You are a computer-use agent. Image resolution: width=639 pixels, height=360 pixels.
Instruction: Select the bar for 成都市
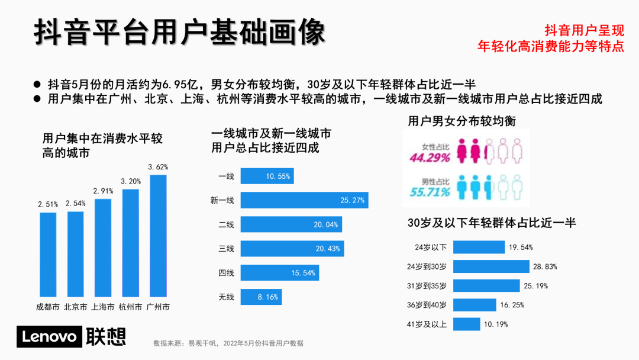click(48, 255)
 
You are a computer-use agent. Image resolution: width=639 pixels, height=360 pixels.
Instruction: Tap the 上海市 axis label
click(102, 307)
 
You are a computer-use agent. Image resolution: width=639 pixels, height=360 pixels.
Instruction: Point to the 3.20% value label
click(131, 181)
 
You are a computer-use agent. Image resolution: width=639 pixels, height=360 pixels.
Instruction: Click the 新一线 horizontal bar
click(304, 200)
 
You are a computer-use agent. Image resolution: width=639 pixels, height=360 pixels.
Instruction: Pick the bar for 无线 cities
click(260, 297)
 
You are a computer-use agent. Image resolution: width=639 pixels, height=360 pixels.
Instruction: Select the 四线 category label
click(226, 273)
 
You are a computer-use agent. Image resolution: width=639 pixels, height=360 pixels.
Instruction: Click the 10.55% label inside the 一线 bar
click(278, 176)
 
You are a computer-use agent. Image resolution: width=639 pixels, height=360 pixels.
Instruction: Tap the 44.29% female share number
click(430, 158)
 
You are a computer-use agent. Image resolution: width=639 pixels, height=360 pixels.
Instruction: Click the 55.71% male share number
click(430, 192)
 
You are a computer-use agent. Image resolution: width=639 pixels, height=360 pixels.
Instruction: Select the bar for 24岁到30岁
click(492, 266)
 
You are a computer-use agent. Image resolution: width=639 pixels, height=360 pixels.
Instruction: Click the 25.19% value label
click(535, 286)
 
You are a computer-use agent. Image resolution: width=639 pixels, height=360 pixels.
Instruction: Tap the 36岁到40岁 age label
click(430, 305)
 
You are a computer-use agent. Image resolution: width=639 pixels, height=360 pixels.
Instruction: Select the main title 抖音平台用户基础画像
click(179, 32)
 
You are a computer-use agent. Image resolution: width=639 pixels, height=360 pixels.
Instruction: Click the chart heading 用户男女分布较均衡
click(461, 121)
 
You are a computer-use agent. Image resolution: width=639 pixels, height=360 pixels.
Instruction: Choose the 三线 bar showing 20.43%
click(292, 249)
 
